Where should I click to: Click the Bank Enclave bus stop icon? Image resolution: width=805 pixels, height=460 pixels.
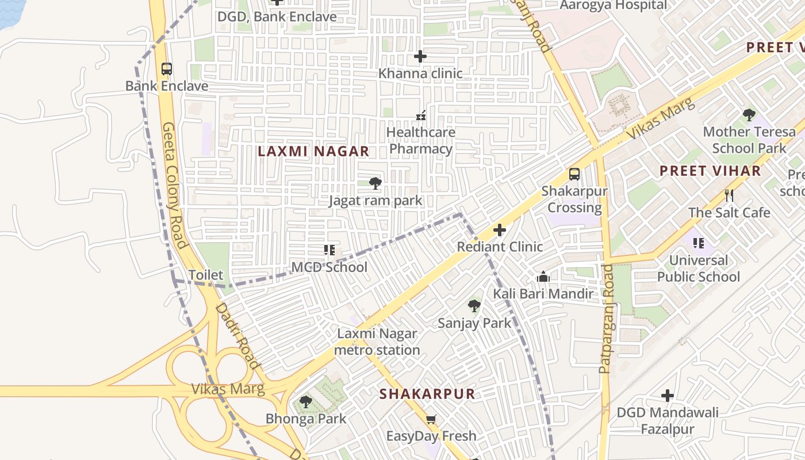point(167,69)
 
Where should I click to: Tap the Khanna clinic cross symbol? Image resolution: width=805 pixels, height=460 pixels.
point(420,56)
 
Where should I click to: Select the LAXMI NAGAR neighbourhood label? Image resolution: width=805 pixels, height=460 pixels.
point(313,151)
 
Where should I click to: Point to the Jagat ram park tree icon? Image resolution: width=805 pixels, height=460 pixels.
point(375,183)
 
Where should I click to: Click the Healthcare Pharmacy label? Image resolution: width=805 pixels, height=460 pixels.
point(420,140)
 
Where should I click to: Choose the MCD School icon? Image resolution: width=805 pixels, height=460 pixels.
point(329,250)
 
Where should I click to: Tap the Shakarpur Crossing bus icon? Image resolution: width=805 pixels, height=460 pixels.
point(574,174)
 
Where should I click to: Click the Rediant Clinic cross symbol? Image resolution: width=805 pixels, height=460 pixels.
point(500,230)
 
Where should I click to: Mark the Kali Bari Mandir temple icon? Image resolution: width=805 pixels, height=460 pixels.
point(543,277)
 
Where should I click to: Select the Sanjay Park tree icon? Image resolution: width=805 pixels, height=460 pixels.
point(474,306)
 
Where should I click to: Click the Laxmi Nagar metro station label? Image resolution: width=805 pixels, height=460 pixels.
point(377,342)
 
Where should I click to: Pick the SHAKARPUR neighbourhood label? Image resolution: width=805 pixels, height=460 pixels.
point(427,394)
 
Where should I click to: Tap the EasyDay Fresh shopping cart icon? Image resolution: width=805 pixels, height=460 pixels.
point(431,419)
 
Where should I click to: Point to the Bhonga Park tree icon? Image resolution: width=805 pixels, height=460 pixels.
point(306,401)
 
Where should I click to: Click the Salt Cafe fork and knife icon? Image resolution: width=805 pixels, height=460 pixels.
point(729,195)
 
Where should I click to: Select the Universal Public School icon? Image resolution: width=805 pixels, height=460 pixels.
point(699,243)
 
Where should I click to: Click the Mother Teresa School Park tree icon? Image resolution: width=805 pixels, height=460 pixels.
point(749,115)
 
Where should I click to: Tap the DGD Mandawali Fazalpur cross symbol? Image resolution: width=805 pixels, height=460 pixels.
point(667,396)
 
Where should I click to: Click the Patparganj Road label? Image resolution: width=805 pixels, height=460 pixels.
point(607,319)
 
